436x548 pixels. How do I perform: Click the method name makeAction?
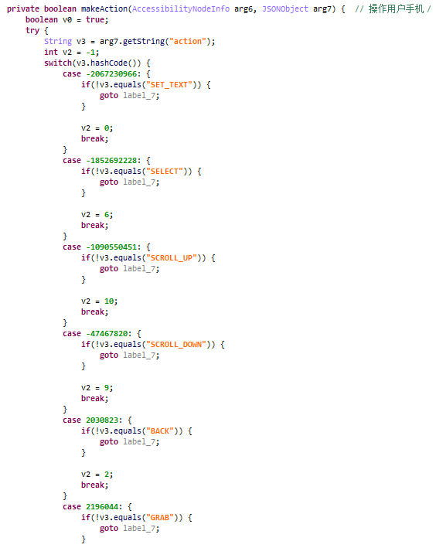(x=104, y=9)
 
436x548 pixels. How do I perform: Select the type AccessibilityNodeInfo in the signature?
(x=181, y=9)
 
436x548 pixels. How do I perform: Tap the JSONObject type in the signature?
(x=285, y=9)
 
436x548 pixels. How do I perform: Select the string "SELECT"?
(x=167, y=172)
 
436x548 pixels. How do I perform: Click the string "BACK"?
(x=162, y=431)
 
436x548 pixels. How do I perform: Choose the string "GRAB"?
(x=162, y=518)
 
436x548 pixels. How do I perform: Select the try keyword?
(x=32, y=31)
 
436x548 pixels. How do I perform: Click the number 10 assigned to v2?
(x=109, y=301)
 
